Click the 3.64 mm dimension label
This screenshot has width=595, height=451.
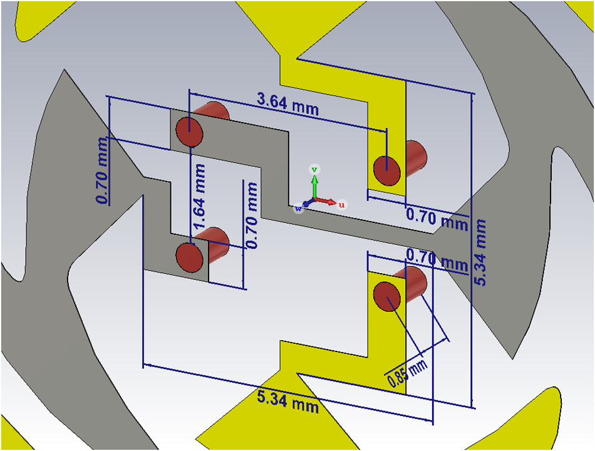287,104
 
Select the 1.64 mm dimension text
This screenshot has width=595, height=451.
200,196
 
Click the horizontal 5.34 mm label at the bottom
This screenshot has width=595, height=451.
287,400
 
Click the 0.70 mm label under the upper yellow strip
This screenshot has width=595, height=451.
437,219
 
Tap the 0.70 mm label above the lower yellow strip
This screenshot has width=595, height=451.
437,257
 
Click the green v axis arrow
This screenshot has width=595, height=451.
315,187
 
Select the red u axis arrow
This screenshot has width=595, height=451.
327,201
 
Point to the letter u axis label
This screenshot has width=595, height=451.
342,205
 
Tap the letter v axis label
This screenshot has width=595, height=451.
316,169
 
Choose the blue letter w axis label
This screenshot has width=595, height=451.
299,209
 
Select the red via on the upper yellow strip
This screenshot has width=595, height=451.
388,171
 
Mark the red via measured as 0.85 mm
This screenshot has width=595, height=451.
388,296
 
